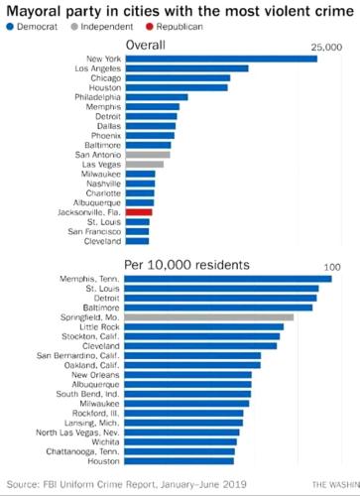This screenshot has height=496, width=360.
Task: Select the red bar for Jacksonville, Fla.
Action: (x=139, y=211)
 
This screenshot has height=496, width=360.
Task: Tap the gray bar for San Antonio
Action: (x=148, y=154)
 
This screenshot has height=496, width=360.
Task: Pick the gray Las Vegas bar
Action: (x=144, y=164)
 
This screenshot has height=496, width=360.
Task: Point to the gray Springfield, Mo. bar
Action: (x=209, y=316)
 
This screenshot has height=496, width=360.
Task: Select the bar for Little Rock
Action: (x=203, y=326)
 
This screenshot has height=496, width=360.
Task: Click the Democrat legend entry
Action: (x=29, y=27)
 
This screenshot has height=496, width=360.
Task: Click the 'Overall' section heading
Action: (x=148, y=46)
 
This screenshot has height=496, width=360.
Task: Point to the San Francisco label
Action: (x=94, y=230)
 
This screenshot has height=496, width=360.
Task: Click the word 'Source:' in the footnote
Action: (x=24, y=483)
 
